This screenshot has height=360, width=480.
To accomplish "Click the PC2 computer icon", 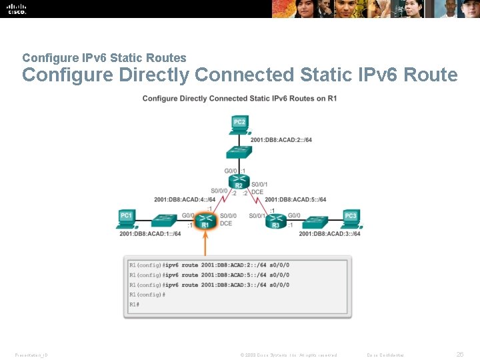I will [x=239, y=123].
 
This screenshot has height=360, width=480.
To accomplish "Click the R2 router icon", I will [x=239, y=180].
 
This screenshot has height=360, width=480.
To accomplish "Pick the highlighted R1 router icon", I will [x=205, y=220].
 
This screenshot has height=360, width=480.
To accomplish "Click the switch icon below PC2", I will [x=239, y=152].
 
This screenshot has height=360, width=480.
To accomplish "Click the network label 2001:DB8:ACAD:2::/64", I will [x=281, y=140].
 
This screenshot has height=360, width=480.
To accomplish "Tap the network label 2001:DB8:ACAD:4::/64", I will [x=185, y=199].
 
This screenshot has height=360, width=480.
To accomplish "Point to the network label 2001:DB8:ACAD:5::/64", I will [x=295, y=199].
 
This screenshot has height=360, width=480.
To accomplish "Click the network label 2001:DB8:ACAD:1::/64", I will [x=150, y=234].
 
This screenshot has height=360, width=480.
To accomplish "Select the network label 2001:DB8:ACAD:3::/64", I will [x=329, y=234].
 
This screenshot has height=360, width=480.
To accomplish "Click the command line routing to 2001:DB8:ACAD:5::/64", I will [x=209, y=275].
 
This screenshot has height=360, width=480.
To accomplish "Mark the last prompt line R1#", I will [x=135, y=304].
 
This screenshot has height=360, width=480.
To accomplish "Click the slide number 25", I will [x=459, y=355].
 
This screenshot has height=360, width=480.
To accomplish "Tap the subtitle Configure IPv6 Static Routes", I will [x=104, y=58].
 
